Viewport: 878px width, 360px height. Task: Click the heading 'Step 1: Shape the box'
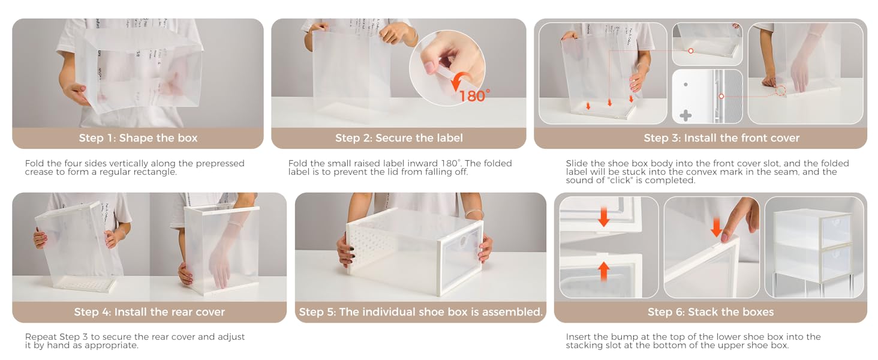click(138, 138)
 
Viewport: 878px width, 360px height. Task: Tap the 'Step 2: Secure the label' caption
click(399, 138)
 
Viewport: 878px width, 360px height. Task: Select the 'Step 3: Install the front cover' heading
click(721, 138)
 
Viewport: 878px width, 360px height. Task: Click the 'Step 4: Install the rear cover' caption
click(149, 312)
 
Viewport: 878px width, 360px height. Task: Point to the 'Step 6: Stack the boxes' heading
click(711, 312)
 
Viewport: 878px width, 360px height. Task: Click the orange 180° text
click(474, 96)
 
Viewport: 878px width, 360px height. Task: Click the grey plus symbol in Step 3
click(685, 116)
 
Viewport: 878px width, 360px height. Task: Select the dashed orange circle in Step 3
click(781, 91)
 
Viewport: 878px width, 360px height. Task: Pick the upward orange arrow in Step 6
click(604, 271)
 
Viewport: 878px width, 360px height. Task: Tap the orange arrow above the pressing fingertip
click(716, 227)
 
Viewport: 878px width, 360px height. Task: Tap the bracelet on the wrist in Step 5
click(474, 214)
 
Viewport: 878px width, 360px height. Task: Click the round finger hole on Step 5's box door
click(463, 241)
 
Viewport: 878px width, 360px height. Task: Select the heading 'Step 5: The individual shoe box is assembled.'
click(420, 312)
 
